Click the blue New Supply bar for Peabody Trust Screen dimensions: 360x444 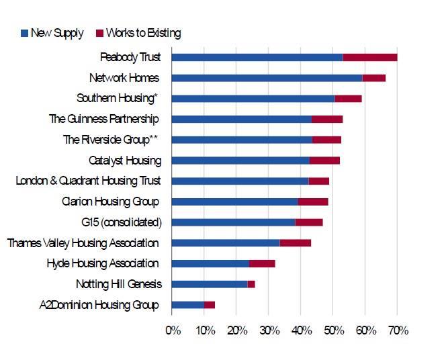pos(257,57)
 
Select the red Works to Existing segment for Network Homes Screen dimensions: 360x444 pos(374,78)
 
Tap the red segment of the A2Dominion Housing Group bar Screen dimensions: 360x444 pos(210,305)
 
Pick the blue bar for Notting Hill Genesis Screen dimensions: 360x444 pos(210,284)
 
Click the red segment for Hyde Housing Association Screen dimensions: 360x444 pos(262,263)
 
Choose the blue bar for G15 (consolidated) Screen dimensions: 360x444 pos(233,222)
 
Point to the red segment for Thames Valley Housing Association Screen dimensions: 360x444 pos(296,242)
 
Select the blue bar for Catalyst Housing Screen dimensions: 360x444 pos(240,161)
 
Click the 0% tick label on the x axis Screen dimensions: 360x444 pos(173,330)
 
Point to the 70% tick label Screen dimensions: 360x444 pos(397,330)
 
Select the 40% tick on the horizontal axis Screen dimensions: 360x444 pos(301,330)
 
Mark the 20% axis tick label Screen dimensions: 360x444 pos(236,330)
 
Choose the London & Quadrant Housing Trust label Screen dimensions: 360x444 pos(88,181)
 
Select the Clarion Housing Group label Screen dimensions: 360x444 pos(110,201)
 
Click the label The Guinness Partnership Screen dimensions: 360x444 pos(104,119)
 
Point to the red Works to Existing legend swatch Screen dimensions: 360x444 pos(100,33)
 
